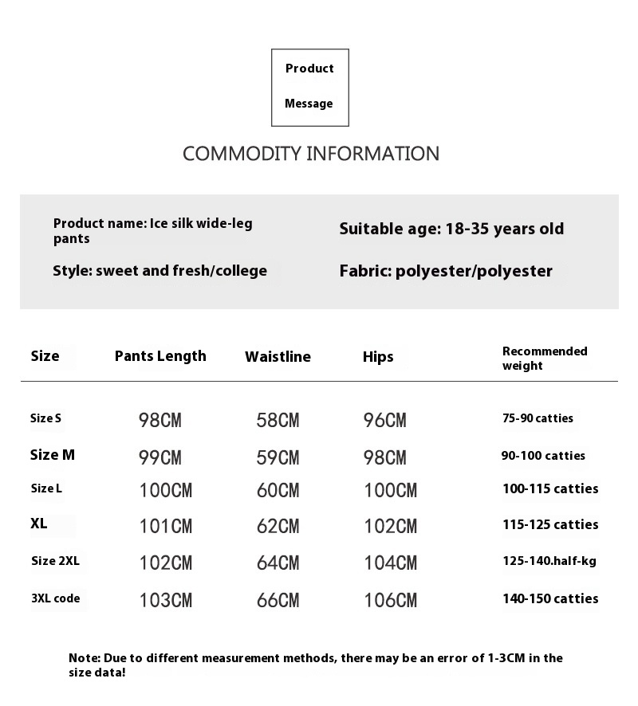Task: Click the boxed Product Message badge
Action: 310,87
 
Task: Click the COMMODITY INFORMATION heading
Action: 311,154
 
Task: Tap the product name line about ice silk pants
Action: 153,231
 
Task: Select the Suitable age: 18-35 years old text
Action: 451,229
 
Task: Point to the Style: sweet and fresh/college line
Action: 159,271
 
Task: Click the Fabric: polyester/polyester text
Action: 446,272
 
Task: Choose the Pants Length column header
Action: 160,356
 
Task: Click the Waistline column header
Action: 278,357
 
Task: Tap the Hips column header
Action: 378,357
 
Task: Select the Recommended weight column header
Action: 545,359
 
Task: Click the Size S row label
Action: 45,418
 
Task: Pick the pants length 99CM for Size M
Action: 160,457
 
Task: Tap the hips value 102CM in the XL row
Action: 390,527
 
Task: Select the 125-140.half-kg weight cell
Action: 549,561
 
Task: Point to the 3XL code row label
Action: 56,598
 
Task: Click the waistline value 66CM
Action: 278,600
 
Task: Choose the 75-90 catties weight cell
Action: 538,418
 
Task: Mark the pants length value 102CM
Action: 166,563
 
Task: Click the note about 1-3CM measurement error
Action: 316,665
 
